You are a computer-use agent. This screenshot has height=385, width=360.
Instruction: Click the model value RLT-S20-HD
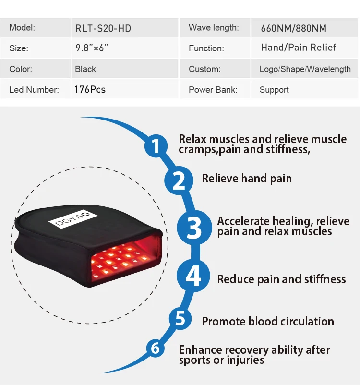click(103, 28)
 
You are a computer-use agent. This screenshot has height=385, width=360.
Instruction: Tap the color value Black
click(85, 69)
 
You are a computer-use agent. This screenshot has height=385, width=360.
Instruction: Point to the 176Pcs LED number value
click(90, 89)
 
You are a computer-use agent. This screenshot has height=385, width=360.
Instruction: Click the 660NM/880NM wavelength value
click(293, 28)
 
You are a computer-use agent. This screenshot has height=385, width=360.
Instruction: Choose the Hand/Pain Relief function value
click(298, 48)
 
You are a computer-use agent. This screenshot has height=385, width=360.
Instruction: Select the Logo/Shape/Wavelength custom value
click(305, 69)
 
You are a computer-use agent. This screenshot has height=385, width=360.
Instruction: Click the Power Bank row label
click(213, 90)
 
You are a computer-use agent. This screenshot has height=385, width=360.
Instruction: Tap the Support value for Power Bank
click(274, 90)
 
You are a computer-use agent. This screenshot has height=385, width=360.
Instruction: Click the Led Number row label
click(34, 90)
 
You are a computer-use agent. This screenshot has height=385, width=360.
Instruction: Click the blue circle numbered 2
click(178, 181)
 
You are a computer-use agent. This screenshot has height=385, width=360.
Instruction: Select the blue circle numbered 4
click(193, 277)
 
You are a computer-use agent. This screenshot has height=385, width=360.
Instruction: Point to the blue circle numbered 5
click(180, 318)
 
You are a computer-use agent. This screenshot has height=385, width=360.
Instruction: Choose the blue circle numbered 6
click(155, 348)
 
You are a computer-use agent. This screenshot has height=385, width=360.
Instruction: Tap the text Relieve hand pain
click(247, 179)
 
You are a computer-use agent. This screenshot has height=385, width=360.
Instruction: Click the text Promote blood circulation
click(268, 321)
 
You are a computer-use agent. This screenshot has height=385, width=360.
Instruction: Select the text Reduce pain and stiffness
click(281, 279)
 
